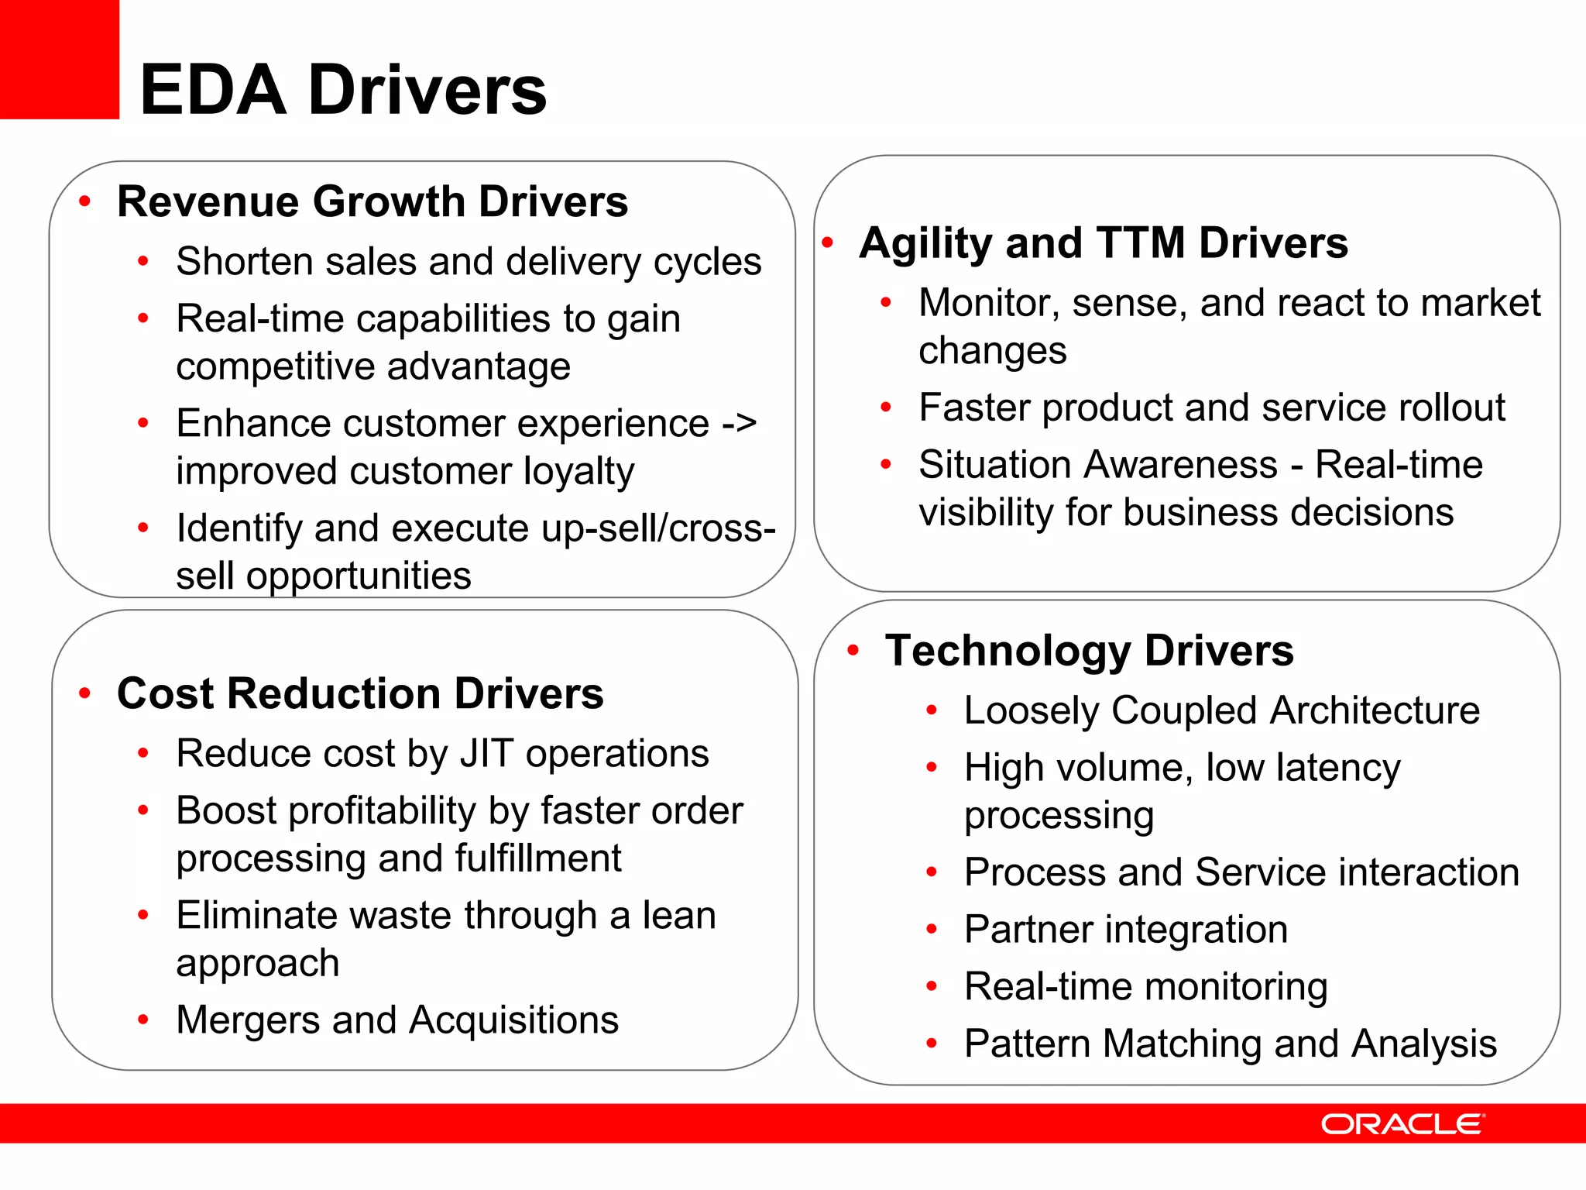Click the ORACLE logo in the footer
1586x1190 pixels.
pyautogui.click(x=1402, y=1124)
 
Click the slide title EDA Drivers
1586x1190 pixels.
pyautogui.click(x=343, y=90)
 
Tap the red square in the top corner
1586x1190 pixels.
pyautogui.click(x=59, y=59)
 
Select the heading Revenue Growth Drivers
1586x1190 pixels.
pyautogui.click(x=372, y=201)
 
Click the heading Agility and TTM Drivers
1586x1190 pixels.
pyautogui.click(x=1104, y=242)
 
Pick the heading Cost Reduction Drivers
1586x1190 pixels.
pyautogui.click(x=360, y=693)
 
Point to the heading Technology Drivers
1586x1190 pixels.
pyautogui.click(x=1089, y=650)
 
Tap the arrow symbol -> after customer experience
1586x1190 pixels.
pyautogui.click(x=739, y=423)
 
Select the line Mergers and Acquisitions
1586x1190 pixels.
pyautogui.click(x=397, y=1020)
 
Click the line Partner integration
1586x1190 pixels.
pyautogui.click(x=1125, y=929)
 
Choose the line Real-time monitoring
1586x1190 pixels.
pyautogui.click(x=1145, y=986)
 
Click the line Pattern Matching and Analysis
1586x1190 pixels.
pyautogui.click(x=1230, y=1044)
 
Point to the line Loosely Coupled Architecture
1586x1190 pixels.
pyautogui.click(x=1221, y=710)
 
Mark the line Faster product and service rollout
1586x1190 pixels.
pyautogui.click(x=1211, y=408)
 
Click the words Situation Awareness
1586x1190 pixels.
pyautogui.click(x=1097, y=465)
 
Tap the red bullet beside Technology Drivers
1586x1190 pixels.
pyautogui.click(x=853, y=650)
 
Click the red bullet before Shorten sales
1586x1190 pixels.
pyautogui.click(x=142, y=261)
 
